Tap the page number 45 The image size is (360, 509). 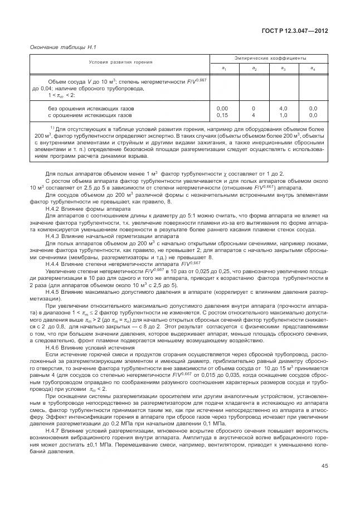[x=324, y=482]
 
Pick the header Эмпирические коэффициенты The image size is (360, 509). [x=267, y=58]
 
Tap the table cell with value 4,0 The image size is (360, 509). [x=283, y=108]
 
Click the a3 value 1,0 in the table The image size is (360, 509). [x=283, y=115]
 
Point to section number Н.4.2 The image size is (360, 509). [x=53, y=209]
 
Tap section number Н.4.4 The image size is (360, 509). [x=53, y=263]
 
